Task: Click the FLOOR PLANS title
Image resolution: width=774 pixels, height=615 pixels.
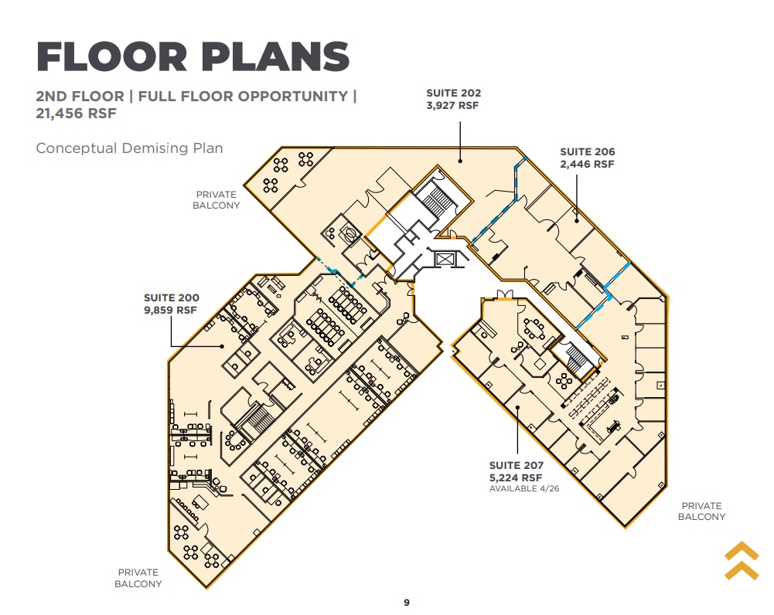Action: [x=193, y=56]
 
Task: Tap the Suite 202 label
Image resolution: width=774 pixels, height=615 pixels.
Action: [x=453, y=99]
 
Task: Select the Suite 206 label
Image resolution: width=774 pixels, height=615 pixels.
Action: [x=588, y=158]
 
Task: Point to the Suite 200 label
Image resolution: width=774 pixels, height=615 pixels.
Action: [x=172, y=304]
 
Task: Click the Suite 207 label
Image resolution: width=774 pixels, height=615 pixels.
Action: [x=517, y=471]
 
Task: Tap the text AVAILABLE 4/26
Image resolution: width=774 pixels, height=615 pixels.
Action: [x=524, y=489]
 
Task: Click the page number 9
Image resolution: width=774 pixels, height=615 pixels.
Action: [x=407, y=602]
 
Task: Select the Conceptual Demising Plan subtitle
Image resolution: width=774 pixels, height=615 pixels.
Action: [x=129, y=148]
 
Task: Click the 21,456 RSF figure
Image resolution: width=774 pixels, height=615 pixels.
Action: [x=76, y=114]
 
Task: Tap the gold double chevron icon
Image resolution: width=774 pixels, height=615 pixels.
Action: [x=742, y=561]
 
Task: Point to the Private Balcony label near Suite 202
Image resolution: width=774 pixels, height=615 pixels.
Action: [x=217, y=200]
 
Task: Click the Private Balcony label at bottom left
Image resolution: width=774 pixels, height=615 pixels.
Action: [x=138, y=578]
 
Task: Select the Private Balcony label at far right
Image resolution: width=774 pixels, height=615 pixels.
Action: [x=701, y=511]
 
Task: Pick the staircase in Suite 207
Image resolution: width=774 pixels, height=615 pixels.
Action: [x=575, y=358]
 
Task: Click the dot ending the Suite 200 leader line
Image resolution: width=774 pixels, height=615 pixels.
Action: [x=222, y=346]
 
